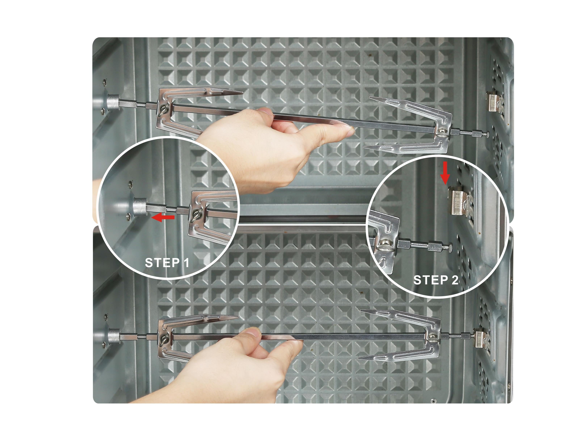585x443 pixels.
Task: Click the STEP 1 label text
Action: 167,263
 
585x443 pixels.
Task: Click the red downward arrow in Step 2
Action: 446,172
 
